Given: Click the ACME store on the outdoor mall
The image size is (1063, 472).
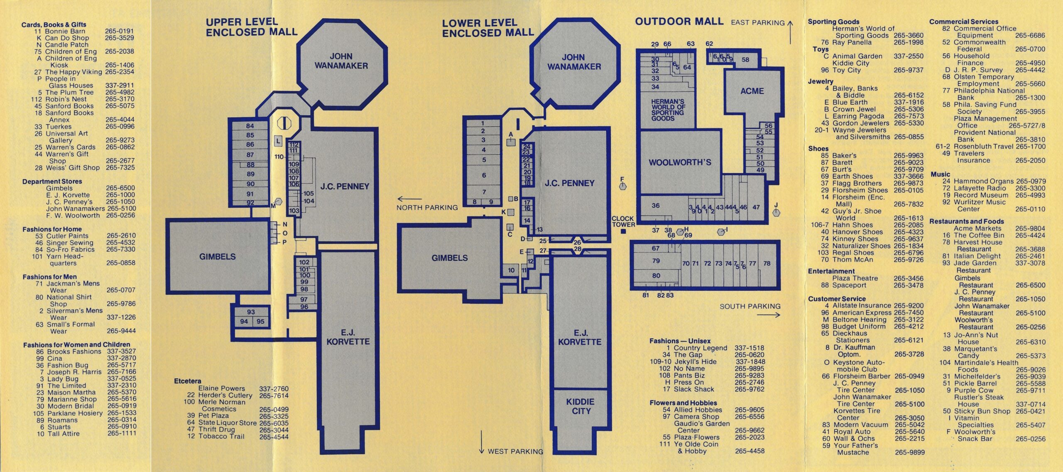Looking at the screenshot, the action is point(752,96).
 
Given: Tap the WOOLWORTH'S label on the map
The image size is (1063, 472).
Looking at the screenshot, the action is point(680,162).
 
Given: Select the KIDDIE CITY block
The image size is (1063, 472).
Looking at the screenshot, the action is point(580,420).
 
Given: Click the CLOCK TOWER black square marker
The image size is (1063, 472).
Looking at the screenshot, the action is point(623,231).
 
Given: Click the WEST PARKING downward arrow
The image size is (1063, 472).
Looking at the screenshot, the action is point(482,442).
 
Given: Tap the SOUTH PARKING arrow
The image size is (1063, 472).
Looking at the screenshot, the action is point(768,315).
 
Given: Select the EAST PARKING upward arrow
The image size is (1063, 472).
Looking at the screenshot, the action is point(790,32).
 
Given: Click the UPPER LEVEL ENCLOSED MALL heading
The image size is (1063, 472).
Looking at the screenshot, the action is point(252,27).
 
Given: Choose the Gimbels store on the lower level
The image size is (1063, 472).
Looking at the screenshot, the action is point(449,258).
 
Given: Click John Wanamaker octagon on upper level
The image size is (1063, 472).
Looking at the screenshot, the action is point(341,61).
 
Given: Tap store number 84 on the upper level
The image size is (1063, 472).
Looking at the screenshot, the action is point(250,126).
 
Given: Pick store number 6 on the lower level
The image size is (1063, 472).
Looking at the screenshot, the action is point(484,175).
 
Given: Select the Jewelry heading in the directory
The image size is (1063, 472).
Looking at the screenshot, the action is point(821,81).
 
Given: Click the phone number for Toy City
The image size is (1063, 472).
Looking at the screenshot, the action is point(909,70).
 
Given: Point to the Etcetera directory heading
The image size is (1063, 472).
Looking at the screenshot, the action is point(188,381).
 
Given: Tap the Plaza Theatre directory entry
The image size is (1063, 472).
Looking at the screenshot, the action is point(878,278).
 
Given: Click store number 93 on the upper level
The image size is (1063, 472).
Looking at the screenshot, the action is point(251,312).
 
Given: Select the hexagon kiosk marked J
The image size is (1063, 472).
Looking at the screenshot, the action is point(776,212).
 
